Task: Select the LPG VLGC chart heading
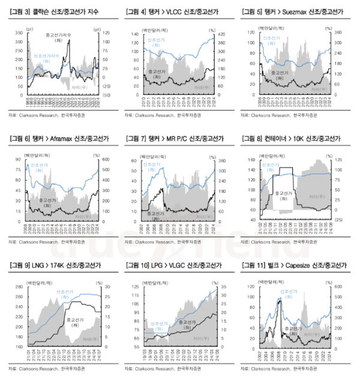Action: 172,265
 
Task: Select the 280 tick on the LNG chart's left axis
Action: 21,287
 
